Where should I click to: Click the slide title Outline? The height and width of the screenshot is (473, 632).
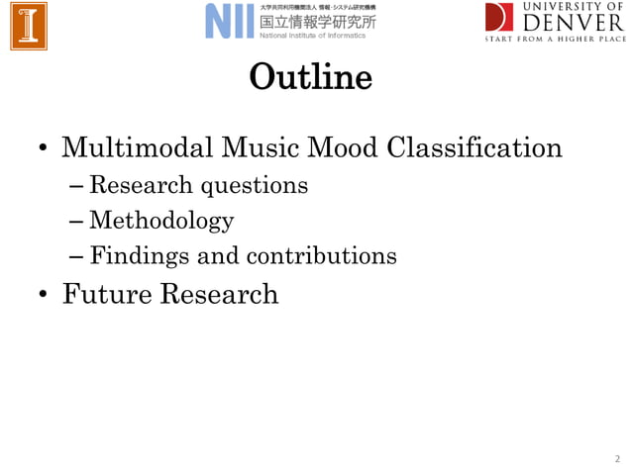pyautogui.click(x=310, y=76)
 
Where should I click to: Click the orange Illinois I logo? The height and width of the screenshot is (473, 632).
pyautogui.click(x=29, y=25)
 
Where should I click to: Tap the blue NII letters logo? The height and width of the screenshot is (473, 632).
pyautogui.click(x=230, y=21)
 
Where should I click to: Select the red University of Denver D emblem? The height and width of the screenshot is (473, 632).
pyautogui.click(x=499, y=17)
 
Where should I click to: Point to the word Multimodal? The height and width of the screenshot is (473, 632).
pyautogui.click(x=137, y=148)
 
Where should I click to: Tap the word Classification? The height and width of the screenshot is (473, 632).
pyautogui.click(x=474, y=148)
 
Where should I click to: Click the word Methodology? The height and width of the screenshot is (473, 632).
pyautogui.click(x=160, y=221)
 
